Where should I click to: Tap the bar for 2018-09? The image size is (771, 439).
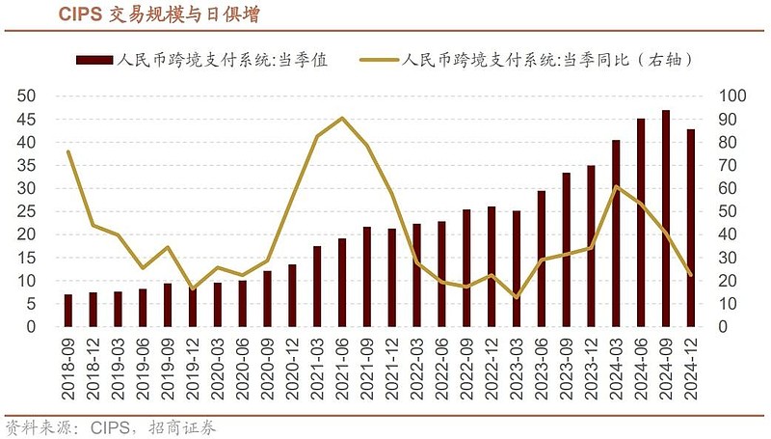point(67,311)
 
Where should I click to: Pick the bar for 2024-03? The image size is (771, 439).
point(617,233)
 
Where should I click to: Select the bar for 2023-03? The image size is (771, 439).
point(517,269)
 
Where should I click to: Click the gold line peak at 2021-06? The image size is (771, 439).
point(342,118)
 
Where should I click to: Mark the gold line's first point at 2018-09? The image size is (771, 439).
point(67,151)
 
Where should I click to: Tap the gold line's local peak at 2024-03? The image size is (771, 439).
point(617,186)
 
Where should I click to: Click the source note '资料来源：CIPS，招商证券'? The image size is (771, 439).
point(110,426)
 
